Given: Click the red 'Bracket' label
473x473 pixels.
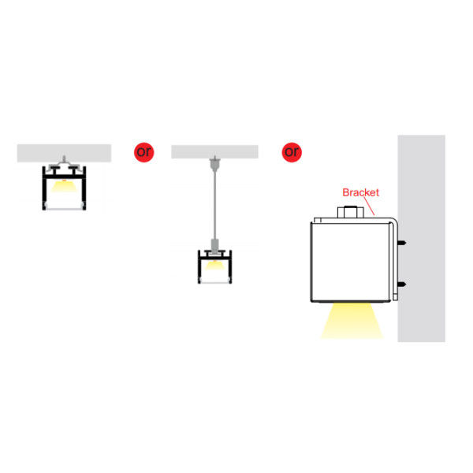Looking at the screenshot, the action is point(360,192).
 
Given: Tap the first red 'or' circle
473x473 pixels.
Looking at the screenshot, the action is point(144,152).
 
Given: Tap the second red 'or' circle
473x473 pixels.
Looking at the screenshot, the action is point(292,152).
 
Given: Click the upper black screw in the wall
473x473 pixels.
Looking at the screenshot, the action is point(402,243).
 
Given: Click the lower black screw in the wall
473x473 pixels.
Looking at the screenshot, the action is point(402,284).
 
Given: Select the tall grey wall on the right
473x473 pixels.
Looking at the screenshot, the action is point(422,238).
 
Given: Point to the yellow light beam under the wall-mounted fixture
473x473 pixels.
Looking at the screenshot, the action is point(352,321).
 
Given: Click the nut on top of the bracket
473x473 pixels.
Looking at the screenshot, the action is point(351,212).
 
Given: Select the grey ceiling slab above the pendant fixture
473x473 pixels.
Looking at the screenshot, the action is point(214,151).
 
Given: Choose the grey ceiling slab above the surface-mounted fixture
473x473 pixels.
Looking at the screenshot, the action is point(64,153).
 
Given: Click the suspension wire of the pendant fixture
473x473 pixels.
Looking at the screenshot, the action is point(214,205).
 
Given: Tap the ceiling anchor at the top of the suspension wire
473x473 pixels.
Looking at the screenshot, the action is point(214,164).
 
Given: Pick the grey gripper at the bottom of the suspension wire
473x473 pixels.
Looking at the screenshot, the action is point(214,246).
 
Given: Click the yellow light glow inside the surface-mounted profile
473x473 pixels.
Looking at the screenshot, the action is point(64,186).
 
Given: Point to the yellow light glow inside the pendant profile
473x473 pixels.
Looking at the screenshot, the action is point(214,265).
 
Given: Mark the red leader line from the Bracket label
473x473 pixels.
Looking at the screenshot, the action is point(369,206).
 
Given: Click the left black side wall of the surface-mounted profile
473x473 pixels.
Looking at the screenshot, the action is point(44,188).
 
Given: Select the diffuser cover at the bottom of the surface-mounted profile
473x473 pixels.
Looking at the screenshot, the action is point(64,209).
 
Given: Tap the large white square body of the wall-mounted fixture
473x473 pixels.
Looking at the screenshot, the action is point(351,262).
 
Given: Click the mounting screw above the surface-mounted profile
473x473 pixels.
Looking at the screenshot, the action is point(64,159).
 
